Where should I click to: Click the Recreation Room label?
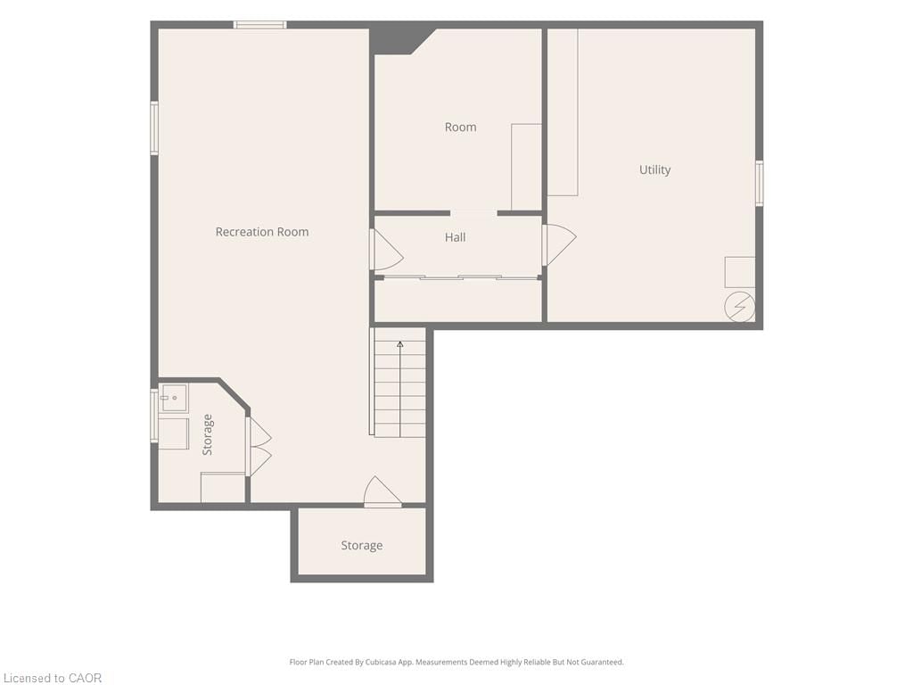point(262,232)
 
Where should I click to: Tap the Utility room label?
point(655,169)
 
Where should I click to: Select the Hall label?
point(456,237)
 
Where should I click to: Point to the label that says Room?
point(461,127)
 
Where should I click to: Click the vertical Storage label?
point(207,434)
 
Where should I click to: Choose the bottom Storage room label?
point(362,545)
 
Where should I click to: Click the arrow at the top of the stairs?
point(400,345)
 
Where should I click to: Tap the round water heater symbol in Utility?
point(739,307)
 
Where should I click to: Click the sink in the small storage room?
point(174,398)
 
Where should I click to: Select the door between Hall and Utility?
point(560,244)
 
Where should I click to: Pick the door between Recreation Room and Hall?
point(387,250)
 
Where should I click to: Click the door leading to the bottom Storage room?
point(382,492)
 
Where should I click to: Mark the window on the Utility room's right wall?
point(760,183)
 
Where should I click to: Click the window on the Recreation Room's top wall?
point(259,25)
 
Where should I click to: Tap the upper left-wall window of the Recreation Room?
point(154,128)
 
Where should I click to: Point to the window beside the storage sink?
point(154,416)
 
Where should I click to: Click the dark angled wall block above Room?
point(400,39)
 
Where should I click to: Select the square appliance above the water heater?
point(740,272)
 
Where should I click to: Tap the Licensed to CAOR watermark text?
point(53,678)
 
